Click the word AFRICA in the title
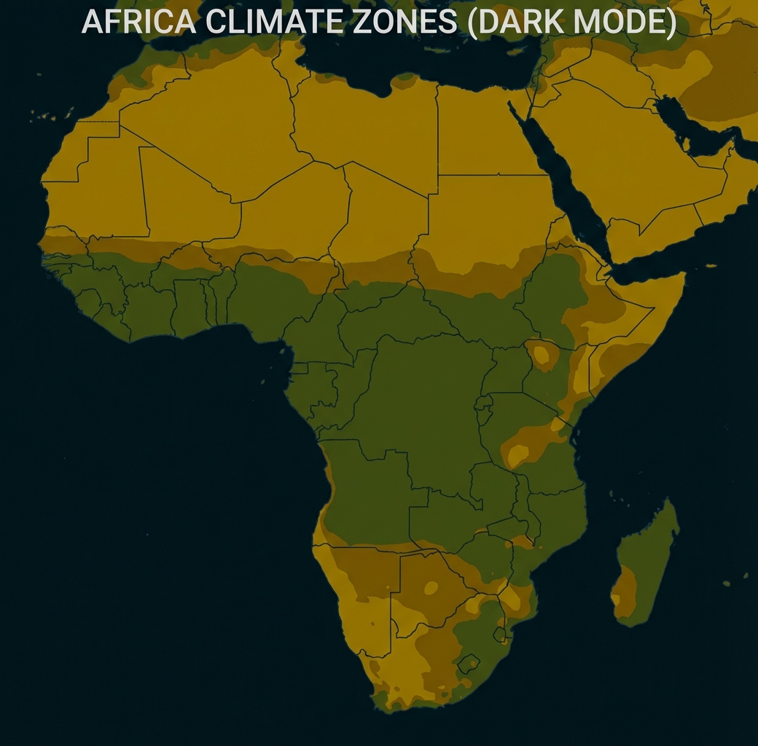click(138, 22)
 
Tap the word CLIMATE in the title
click(270, 22)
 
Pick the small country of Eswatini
click(501, 633)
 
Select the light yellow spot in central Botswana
click(431, 587)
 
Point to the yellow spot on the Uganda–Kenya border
click(542, 355)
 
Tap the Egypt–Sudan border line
click(488, 175)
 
